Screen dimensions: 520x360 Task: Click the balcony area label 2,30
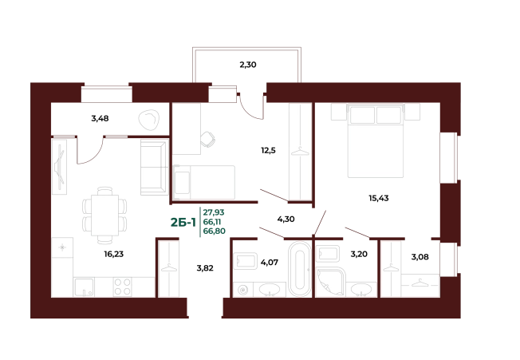pos(248,65)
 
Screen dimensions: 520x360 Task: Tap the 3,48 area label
pos(100,118)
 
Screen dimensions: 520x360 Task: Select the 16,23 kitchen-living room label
pos(114,254)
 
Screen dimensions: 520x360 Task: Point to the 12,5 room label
pos(268,151)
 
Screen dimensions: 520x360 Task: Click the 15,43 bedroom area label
pos(379,198)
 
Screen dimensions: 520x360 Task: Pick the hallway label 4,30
pos(286,220)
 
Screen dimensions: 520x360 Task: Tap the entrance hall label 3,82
pos(205,268)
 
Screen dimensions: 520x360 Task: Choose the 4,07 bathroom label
pos(270,263)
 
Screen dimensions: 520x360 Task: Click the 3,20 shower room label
pos(359,254)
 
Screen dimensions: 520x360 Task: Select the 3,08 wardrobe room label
pos(420,257)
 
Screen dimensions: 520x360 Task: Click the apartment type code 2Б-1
pos(183,222)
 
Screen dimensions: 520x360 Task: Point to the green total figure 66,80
pos(215,231)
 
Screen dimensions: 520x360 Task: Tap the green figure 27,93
pos(214,212)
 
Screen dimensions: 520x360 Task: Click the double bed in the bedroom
pos(376,140)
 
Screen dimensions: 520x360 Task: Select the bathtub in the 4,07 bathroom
pos(299,269)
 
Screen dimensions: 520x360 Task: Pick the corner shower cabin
pos(331,283)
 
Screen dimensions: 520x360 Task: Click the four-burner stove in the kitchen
pos(122,287)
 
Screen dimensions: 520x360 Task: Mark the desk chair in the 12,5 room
pos(207,139)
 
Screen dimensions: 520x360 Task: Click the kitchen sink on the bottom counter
pos(84,287)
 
